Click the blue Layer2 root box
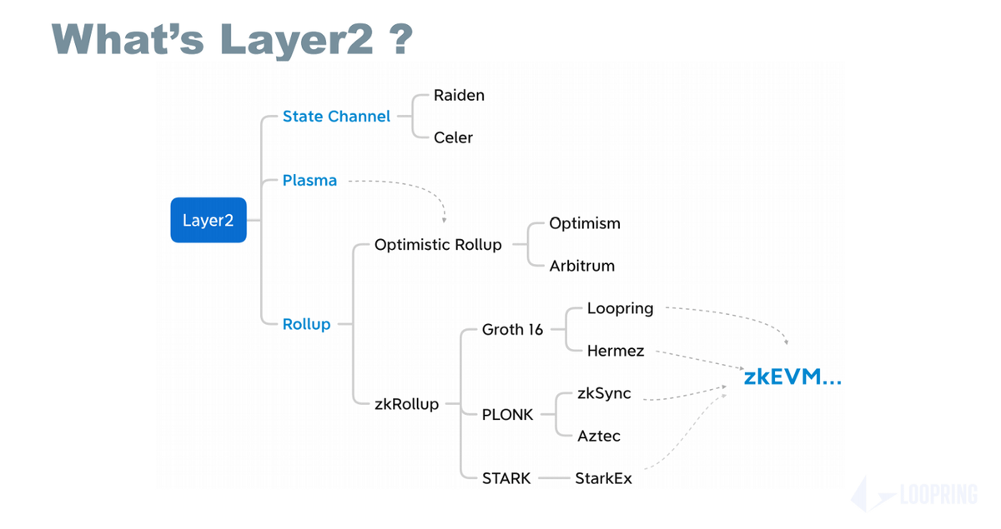209,221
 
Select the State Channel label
336,117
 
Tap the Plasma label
309,180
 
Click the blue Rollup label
306,324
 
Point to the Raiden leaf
459,95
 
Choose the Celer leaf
453,137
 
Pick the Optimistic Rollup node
438,245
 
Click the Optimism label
585,223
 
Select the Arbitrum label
581,267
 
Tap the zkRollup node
406,404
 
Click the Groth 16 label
512,330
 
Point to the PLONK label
507,414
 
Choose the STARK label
506,478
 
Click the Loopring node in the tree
620,308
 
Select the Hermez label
616,351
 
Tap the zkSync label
604,393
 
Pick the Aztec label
599,436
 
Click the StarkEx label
603,478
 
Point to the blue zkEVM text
792,377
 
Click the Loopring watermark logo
914,495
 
